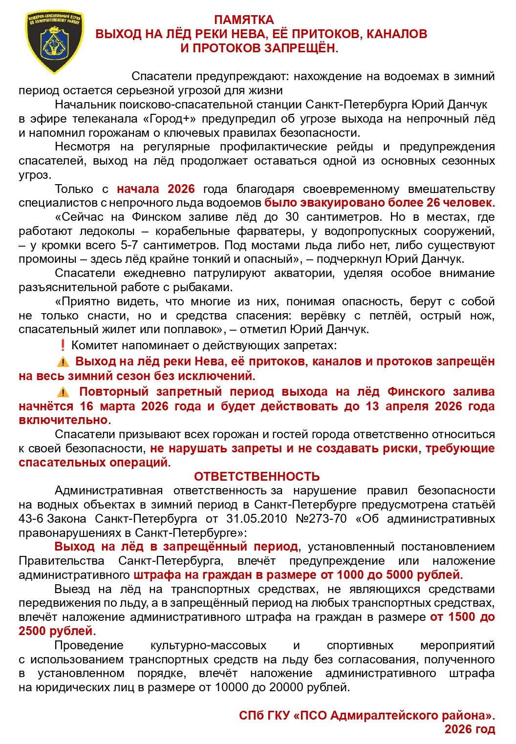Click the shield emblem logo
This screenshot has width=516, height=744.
(54, 43)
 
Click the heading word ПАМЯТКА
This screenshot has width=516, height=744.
(244, 20)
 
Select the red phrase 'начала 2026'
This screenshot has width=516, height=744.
(155, 189)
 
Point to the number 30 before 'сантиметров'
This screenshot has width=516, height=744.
(292, 217)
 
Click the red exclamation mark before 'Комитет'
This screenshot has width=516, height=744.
(63, 345)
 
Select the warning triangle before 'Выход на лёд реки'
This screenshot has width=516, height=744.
(63, 362)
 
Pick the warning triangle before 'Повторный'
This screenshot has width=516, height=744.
(63, 392)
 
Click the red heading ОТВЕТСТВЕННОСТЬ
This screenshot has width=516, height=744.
(257, 477)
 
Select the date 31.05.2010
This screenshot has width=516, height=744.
(257, 519)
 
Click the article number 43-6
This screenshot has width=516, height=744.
(31, 519)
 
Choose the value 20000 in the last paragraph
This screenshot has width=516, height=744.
(279, 688)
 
